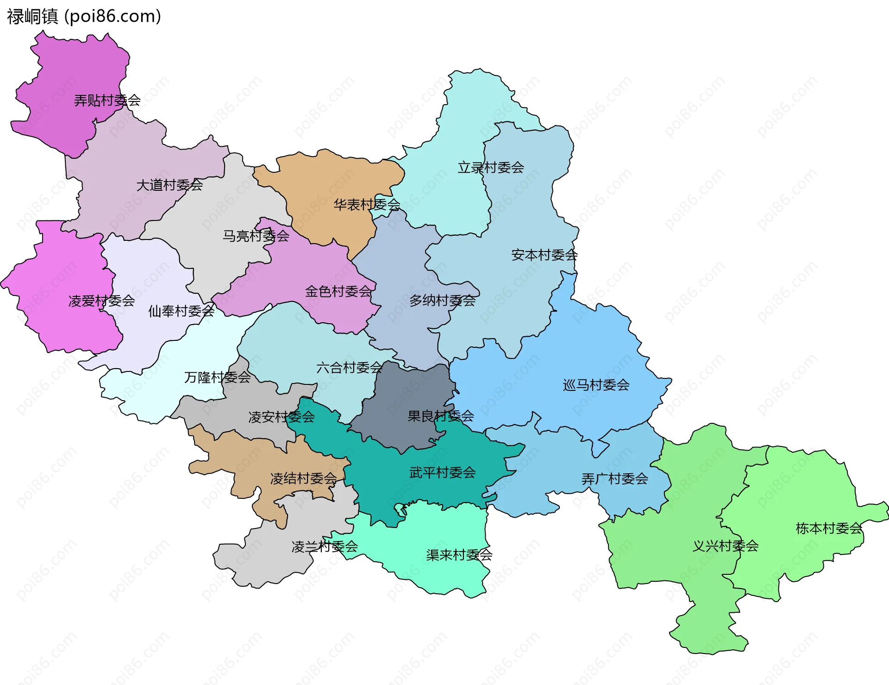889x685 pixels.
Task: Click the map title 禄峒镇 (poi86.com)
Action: coord(84,16)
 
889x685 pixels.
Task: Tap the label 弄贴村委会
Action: coord(107,101)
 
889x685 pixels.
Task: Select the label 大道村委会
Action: coord(169,185)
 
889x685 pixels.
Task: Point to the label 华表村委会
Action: coord(367,204)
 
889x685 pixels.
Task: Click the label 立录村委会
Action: coord(491,168)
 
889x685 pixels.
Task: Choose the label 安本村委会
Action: coord(544,255)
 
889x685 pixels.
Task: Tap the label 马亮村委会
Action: coord(256,236)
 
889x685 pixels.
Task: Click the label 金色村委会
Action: coord(338,291)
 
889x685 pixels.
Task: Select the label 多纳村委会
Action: coord(442,301)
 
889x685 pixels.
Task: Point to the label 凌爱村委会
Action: coord(101,301)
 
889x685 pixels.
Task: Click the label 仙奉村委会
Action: coord(181,311)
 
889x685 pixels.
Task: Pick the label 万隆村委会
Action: coord(217,377)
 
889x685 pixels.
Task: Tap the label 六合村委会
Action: coord(349,368)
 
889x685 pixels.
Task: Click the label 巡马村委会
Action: coord(596,385)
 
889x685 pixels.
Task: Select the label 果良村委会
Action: coord(440,416)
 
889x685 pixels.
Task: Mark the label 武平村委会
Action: coord(442,472)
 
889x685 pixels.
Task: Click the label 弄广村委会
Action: coord(614,479)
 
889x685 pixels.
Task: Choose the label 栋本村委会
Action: coord(829,528)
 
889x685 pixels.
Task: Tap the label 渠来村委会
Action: coord(459,555)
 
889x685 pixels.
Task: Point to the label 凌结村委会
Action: coord(303,478)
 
